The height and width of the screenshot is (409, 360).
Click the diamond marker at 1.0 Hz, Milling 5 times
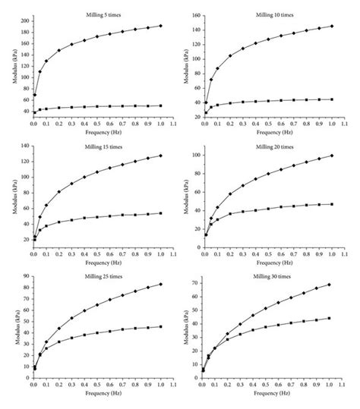161,26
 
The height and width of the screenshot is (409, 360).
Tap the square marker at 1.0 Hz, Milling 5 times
161,105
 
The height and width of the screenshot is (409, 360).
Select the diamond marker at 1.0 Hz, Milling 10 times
331,27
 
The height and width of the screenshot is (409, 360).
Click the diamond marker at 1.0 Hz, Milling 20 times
331,156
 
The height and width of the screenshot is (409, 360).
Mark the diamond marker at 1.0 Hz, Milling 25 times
161,285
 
